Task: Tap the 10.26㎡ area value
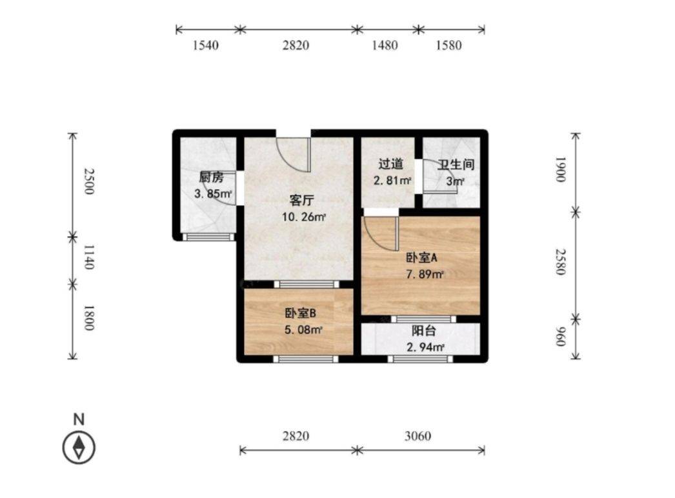coord(303,217)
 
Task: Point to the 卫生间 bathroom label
coord(456,164)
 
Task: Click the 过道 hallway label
coord(391,164)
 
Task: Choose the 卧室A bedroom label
coord(421,257)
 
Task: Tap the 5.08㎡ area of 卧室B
coord(303,330)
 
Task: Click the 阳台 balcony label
coord(424,332)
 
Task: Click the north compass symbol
coord(79,446)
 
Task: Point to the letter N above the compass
coord(79,419)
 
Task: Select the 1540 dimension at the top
coord(207,46)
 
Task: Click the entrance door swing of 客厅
coord(294,153)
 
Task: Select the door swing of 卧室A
coord(381,234)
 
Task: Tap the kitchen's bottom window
coord(208,237)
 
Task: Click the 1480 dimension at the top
coord(385,46)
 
